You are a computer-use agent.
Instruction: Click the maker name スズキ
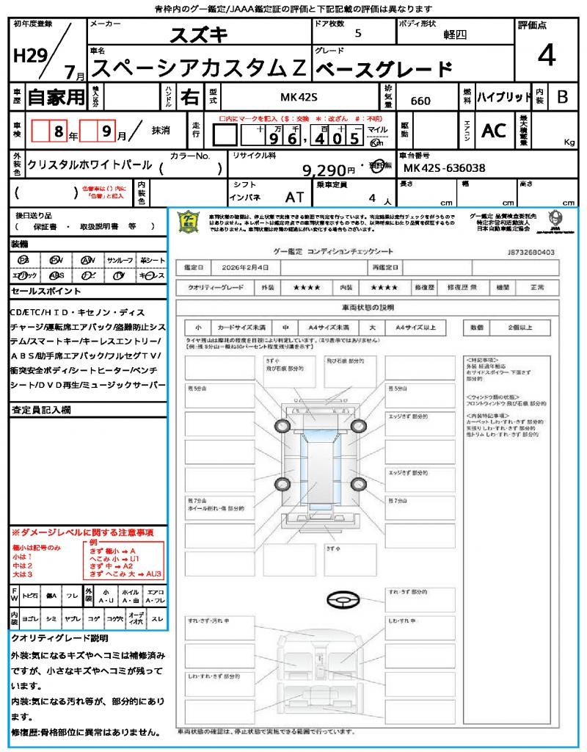pos(200,35)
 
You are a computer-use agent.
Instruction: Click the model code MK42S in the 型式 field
pos(300,96)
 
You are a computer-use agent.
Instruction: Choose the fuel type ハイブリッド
pos(504,97)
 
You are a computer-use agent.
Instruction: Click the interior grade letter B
pos(562,97)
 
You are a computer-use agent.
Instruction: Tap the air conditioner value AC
pos(493,131)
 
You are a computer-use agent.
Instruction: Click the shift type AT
pos(294,197)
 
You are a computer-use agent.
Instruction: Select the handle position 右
pos(190,96)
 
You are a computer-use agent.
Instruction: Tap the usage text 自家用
pos(56,96)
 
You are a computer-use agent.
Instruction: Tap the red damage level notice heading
pos(81,532)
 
